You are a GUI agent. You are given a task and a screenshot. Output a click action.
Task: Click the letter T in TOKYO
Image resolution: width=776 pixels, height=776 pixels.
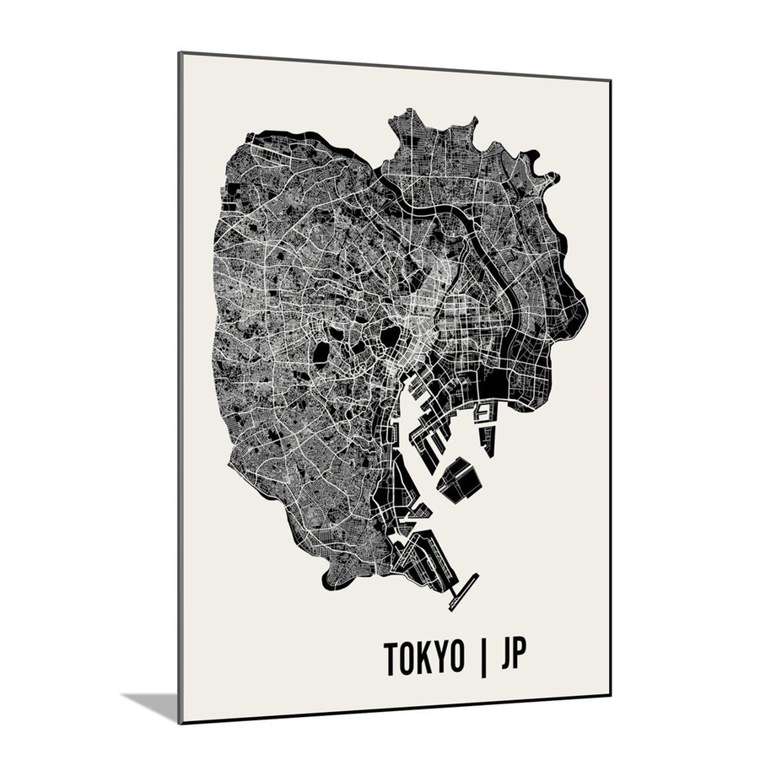(x=392, y=658)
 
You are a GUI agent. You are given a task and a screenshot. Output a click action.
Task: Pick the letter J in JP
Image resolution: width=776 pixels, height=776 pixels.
(x=505, y=658)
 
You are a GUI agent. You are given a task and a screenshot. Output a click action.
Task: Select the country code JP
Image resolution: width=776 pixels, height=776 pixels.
(x=513, y=658)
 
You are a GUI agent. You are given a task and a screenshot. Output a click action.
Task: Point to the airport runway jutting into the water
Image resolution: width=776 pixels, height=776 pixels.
(x=465, y=591)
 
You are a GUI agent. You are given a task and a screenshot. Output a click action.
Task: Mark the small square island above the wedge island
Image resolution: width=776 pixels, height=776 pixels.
(x=484, y=412)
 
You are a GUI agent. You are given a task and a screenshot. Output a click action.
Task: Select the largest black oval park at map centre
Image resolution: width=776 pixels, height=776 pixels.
(x=391, y=337)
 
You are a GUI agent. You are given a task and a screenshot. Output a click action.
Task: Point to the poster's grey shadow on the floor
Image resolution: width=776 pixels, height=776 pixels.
(x=152, y=703)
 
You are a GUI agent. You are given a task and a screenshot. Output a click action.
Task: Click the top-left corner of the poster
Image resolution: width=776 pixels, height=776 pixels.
(x=180, y=53)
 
